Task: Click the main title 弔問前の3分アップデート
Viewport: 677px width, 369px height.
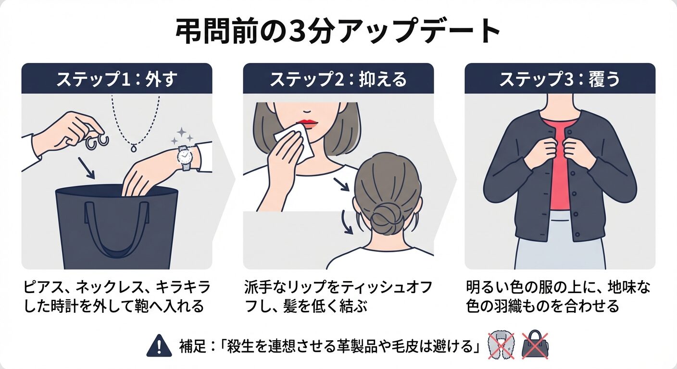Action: [x=338, y=31]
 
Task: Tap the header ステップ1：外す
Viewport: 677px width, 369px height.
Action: [x=117, y=79]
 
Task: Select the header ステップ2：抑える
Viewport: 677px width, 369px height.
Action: [x=338, y=79]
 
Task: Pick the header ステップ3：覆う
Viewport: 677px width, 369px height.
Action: [x=560, y=79]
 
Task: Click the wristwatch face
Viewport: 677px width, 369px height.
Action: [x=184, y=156]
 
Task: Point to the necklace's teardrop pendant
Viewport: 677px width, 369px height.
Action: [x=134, y=148]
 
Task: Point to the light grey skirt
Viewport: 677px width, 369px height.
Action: [x=560, y=242]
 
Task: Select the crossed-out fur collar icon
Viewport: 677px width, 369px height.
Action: [x=501, y=346]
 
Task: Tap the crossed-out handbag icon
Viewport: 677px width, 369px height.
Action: [x=535, y=345]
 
